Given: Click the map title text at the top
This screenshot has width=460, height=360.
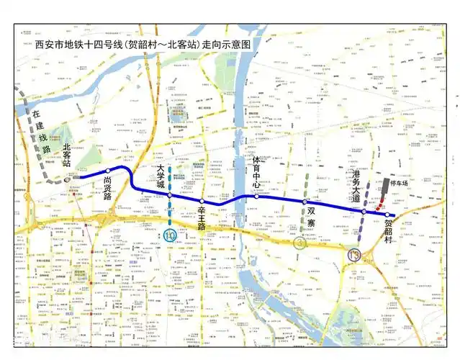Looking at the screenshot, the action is point(145,44).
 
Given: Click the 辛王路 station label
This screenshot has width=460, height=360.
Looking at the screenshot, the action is point(202,216).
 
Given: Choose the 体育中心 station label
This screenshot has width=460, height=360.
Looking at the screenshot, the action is point(256,173).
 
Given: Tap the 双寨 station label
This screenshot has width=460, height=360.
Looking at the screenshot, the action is point(311,217).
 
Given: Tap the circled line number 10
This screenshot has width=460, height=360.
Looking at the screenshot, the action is point(170,235).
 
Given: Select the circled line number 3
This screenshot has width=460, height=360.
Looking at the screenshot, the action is point(300,243).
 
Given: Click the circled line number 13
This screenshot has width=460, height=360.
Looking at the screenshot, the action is point(353,255).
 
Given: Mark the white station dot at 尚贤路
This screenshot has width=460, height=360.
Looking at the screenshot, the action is point(108,171).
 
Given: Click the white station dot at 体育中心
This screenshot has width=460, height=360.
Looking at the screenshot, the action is point(256,195).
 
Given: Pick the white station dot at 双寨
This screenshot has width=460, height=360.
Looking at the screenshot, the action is point(304,202).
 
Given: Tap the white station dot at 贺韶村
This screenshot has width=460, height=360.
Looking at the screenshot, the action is point(387,215).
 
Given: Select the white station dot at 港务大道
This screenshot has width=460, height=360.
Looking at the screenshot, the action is point(364,212).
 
